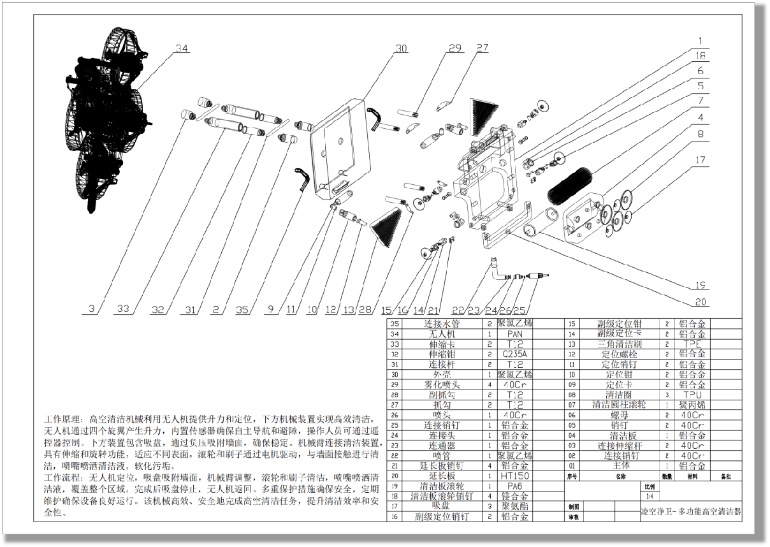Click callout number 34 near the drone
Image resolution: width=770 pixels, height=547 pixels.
(x=182, y=49)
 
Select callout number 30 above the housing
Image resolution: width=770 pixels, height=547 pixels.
(x=401, y=48)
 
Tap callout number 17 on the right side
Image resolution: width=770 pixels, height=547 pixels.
(x=701, y=160)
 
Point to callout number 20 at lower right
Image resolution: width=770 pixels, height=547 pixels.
(x=701, y=302)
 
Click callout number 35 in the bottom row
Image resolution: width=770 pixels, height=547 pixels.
(x=242, y=310)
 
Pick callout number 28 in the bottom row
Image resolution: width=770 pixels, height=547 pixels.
(x=365, y=310)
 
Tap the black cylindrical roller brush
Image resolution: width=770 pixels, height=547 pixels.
(x=570, y=186)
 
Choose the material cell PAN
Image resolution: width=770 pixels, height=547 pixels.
(x=514, y=334)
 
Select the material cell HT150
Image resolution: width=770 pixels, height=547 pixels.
(x=514, y=476)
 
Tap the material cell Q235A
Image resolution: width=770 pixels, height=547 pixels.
(x=514, y=354)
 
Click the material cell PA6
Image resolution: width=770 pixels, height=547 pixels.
(x=514, y=486)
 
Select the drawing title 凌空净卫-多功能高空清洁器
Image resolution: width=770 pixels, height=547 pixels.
(x=691, y=512)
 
